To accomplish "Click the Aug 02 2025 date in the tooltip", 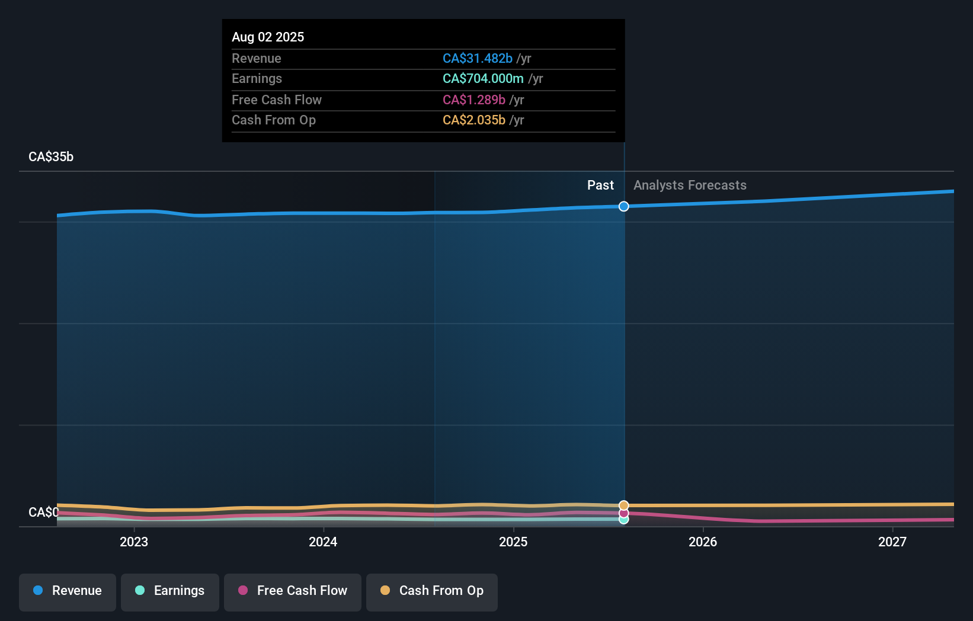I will click(268, 37).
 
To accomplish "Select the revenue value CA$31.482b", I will click(477, 58).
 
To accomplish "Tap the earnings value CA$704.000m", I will click(483, 78).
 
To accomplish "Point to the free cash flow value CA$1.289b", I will click(473, 100).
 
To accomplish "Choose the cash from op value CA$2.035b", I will click(473, 120).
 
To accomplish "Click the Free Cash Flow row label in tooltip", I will click(276, 100).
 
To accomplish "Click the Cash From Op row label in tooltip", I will click(273, 120).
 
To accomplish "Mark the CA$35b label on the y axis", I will click(51, 156).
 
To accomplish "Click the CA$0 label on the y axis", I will click(43, 512).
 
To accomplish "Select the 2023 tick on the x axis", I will click(134, 542).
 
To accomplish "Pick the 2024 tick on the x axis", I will click(323, 542).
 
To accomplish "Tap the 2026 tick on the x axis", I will click(703, 542).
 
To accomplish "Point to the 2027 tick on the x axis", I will click(892, 542).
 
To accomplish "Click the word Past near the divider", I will click(600, 185).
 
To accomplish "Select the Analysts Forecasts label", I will click(690, 185).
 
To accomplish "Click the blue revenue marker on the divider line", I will click(624, 206).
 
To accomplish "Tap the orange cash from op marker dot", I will click(624, 505).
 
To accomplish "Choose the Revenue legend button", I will click(68, 591).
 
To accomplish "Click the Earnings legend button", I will click(170, 591).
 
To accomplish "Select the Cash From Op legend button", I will click(432, 591).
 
